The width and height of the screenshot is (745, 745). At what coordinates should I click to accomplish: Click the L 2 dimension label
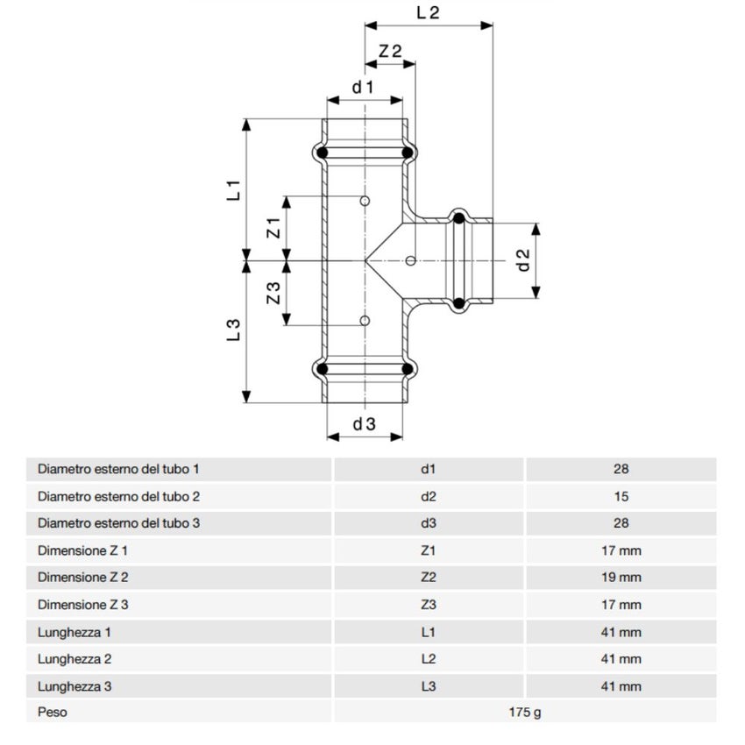click(428, 12)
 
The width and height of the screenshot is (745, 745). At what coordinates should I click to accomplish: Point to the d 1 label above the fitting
click(363, 87)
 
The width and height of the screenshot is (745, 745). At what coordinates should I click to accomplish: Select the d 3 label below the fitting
click(365, 424)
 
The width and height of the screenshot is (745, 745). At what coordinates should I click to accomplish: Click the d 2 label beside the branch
click(523, 260)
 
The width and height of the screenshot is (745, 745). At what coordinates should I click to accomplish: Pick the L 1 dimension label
click(233, 190)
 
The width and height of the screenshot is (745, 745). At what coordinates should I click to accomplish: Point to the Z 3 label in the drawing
click(273, 294)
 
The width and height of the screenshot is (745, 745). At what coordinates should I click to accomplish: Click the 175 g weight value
click(525, 713)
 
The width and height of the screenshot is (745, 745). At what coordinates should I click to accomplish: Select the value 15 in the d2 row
click(621, 496)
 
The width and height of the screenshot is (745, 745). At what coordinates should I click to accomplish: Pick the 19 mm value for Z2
click(621, 578)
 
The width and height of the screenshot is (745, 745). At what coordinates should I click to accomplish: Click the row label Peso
click(52, 713)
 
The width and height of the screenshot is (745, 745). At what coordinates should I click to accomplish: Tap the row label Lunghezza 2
click(74, 658)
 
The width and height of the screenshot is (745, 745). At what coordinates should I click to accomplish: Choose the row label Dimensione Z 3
click(82, 605)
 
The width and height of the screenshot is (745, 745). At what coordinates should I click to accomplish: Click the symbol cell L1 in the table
click(428, 632)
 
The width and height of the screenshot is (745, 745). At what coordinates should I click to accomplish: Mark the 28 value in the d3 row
click(621, 523)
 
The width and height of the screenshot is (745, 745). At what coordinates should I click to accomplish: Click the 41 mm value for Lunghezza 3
click(621, 686)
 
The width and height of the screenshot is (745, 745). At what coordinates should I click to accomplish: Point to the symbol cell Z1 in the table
click(428, 550)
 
